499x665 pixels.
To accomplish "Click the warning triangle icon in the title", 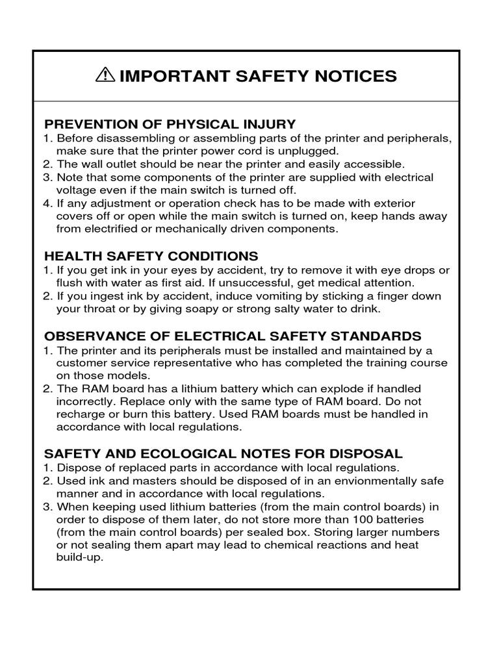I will [103, 76].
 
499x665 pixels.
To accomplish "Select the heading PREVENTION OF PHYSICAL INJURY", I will [170, 124].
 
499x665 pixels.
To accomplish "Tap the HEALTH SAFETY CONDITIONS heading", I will [151, 256].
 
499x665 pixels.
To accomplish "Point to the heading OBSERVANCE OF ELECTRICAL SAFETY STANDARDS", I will [232, 336].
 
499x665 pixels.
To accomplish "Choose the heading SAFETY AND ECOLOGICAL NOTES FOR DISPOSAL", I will [223, 453].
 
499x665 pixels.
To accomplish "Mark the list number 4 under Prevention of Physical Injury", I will [47, 203].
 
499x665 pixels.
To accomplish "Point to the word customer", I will [79, 362].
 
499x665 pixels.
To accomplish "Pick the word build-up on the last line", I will [79, 558].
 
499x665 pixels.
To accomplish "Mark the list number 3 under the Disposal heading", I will [47, 507].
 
